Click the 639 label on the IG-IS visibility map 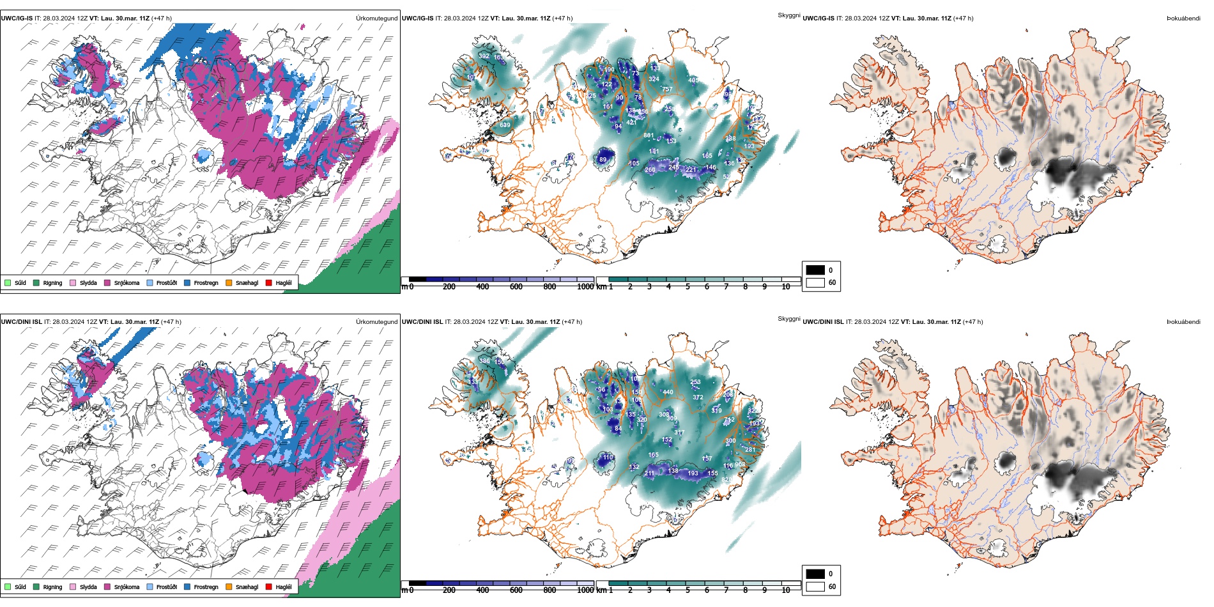pos(505,125)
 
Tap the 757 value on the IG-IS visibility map pos(667,89)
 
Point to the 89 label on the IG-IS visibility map pos(603,160)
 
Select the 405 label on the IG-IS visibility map pos(693,81)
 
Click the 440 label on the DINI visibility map pos(668,392)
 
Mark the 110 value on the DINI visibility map pos(608,457)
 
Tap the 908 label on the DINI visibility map pos(740,465)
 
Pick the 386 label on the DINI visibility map pos(484,361)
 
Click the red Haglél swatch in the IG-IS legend pos(269,282)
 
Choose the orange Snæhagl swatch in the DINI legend pos(229,587)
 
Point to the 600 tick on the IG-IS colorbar pos(516,287)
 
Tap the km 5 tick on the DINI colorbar pos(688,590)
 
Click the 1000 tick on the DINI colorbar pos(585,590)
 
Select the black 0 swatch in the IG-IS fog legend pos(815,270)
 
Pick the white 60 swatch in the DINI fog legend pos(815,587)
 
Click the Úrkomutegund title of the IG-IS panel pos(376,19)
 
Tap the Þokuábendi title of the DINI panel pos(1183,322)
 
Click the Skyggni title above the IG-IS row pos(788,15)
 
